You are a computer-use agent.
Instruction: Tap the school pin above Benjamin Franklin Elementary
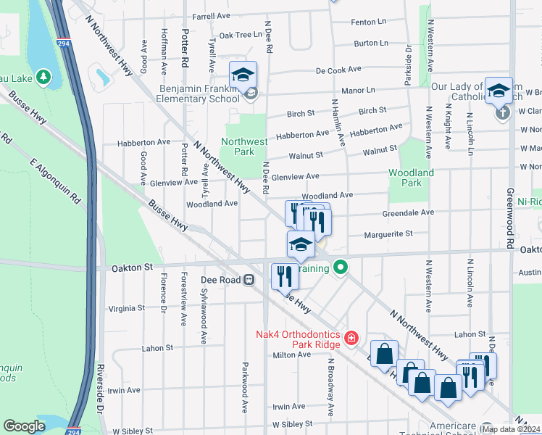pyautogui.click(x=243, y=75)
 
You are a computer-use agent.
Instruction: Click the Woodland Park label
pyautogui.click(x=411, y=178)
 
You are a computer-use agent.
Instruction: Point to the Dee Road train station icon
pyautogui.click(x=249, y=278)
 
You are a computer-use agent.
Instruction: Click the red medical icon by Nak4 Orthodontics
pyautogui.click(x=351, y=337)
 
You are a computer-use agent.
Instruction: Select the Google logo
pyautogui.click(x=24, y=426)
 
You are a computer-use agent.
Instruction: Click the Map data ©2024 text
pyautogui.click(x=510, y=429)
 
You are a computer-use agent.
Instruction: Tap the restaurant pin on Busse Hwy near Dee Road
pyautogui.click(x=284, y=276)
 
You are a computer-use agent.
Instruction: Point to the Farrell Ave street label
pyautogui.click(x=211, y=15)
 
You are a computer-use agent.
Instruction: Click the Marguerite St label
pyautogui.click(x=388, y=233)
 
